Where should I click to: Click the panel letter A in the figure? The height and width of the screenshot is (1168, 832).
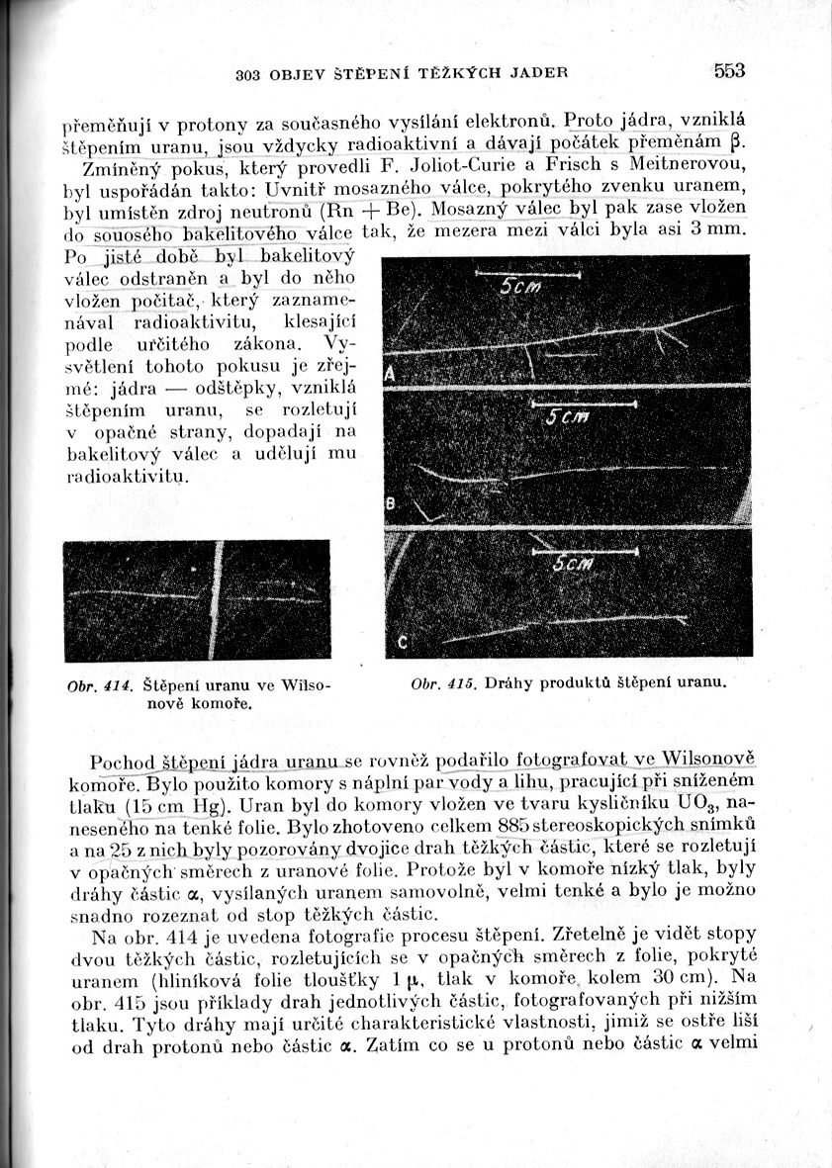tap(390, 375)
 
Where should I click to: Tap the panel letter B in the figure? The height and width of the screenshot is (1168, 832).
tap(389, 505)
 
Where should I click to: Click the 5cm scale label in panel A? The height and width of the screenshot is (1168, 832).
tap(520, 287)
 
